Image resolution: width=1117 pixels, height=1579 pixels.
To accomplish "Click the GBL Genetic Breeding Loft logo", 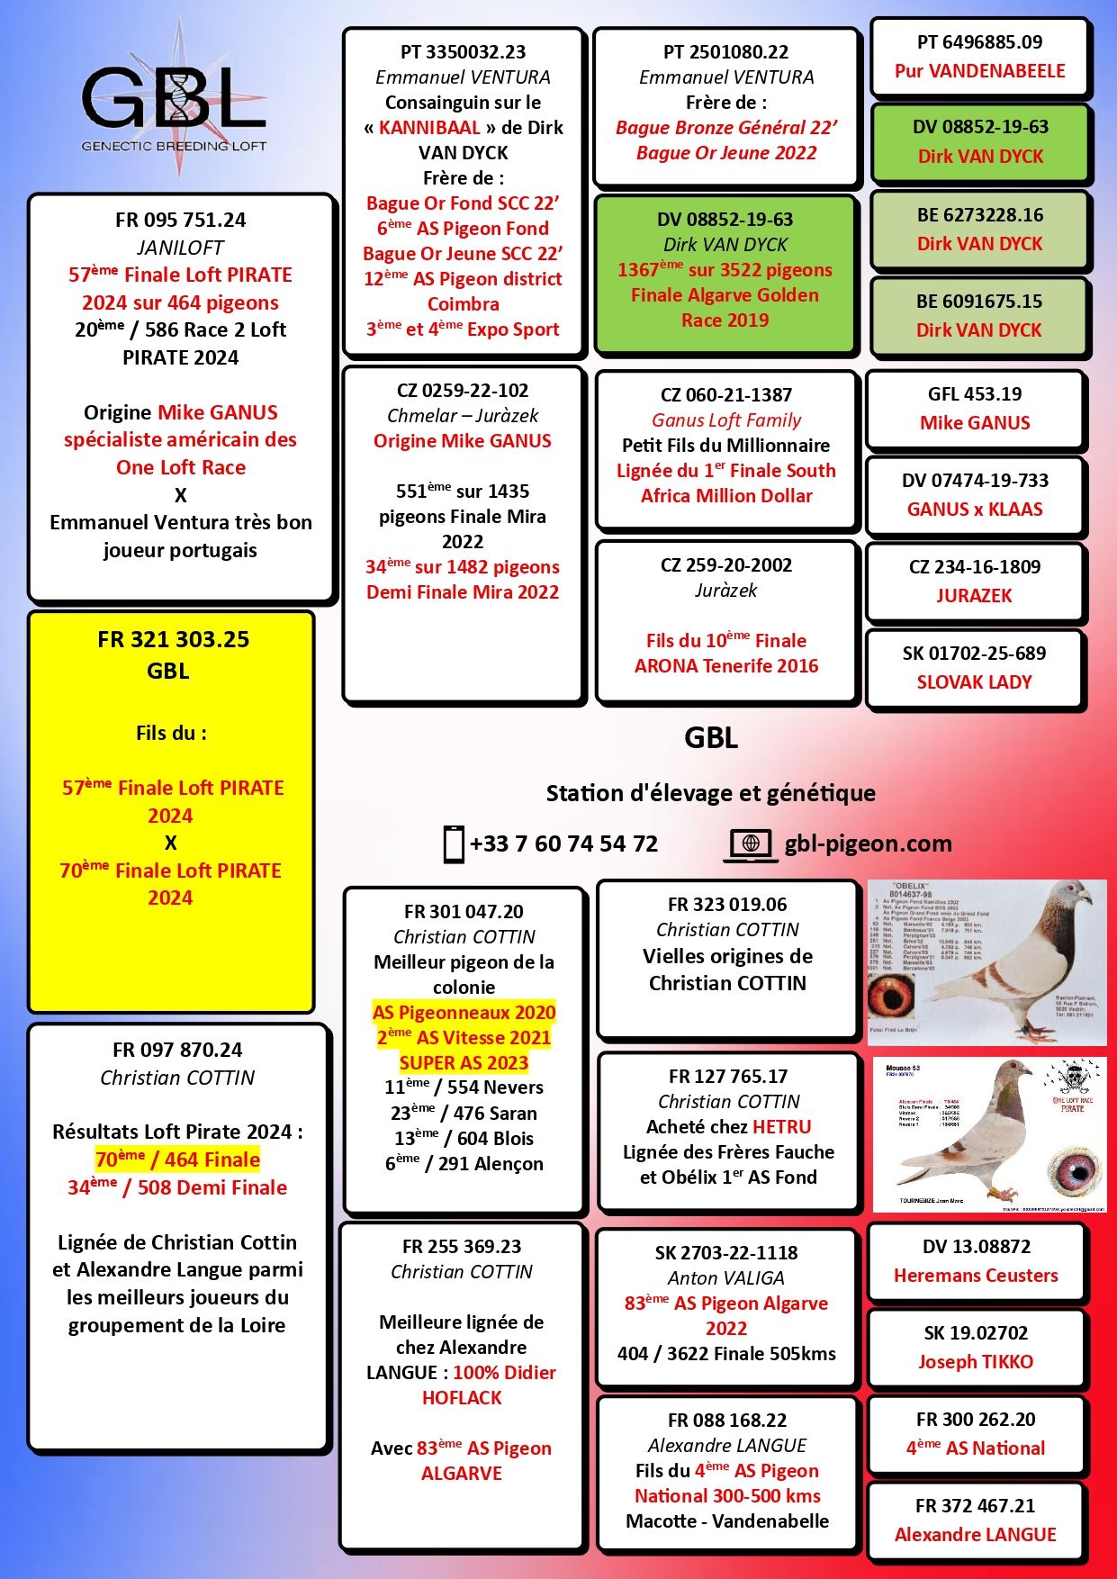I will [x=175, y=100].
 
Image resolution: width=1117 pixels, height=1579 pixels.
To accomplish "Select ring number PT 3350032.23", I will [x=463, y=52].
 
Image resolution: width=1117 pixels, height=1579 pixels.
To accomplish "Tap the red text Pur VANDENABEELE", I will [x=979, y=71].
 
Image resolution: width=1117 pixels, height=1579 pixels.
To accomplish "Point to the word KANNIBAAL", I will [x=429, y=128].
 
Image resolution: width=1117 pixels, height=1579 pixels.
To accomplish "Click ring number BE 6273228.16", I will [x=979, y=215].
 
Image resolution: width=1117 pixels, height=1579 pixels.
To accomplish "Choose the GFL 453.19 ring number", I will [x=975, y=394].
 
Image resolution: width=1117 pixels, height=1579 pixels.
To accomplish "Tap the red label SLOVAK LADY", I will [x=974, y=682].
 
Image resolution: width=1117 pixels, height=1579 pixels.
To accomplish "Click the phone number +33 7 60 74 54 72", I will [x=563, y=844].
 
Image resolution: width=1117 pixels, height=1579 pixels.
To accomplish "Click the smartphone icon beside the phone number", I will [x=454, y=844].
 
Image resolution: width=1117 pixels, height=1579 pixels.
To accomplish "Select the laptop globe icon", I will [x=750, y=844].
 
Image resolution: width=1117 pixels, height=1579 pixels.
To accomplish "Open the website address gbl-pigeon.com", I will [x=868, y=844].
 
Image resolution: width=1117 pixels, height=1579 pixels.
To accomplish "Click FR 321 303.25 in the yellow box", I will [x=173, y=640].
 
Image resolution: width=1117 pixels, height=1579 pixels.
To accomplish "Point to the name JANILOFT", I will [x=180, y=248].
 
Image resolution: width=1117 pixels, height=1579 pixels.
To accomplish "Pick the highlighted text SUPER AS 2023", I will [x=464, y=1063].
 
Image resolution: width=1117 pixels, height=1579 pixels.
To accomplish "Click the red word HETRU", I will [x=782, y=1127].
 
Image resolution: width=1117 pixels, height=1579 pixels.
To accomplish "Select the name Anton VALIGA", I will [x=725, y=1278].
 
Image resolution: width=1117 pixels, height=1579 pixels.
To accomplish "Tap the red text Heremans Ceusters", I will [x=976, y=1276].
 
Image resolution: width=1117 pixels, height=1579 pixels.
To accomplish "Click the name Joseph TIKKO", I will [x=975, y=1362].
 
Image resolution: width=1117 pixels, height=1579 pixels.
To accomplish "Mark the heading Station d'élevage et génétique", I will [x=710, y=793].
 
